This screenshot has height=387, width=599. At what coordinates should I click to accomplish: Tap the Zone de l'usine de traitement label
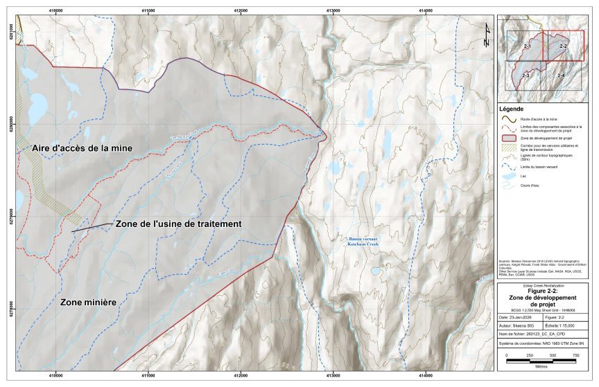click(178, 224)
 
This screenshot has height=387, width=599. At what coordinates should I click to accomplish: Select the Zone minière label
click(88, 303)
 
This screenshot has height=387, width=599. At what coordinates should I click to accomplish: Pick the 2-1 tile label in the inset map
click(527, 46)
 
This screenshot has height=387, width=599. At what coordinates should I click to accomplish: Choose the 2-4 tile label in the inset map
click(560, 75)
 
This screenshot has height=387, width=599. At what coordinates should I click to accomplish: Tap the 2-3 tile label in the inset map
click(526, 75)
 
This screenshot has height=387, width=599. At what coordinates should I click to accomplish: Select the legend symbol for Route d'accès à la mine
click(510, 120)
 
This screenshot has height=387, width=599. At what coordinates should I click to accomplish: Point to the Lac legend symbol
click(510, 176)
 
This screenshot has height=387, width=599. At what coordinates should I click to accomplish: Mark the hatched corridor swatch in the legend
click(510, 148)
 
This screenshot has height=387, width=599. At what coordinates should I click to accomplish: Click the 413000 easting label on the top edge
click(333, 10)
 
